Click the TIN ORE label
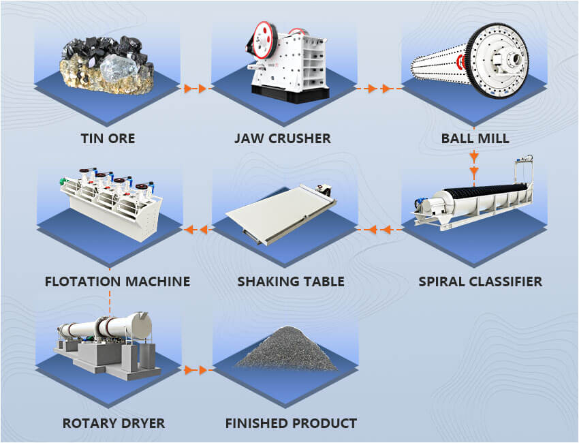pos(108,138)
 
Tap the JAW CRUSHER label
pos(282,138)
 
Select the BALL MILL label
pos(475,138)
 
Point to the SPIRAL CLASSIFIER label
pos(480,281)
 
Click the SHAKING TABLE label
pos(290,281)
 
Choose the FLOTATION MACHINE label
pos(117,281)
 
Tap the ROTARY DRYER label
pos(114,423)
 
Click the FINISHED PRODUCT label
pos(291,423)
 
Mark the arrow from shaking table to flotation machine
pos(198,230)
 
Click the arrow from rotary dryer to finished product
pos(196,370)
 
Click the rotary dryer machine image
pos(106,341)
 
